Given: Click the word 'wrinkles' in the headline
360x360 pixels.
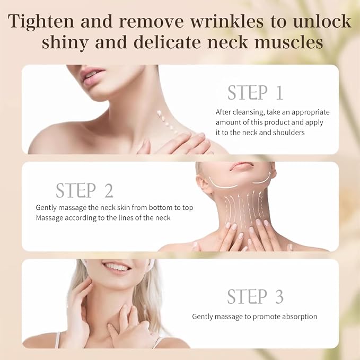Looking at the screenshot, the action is click(x=227, y=21).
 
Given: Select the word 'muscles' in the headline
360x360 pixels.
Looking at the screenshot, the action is click(x=288, y=43).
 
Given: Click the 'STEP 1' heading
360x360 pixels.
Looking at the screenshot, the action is click(x=256, y=93).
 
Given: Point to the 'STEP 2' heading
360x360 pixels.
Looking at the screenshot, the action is click(x=84, y=190).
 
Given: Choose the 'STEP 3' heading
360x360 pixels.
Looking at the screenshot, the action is click(x=256, y=296).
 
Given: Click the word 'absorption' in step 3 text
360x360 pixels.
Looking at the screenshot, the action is click(x=300, y=317).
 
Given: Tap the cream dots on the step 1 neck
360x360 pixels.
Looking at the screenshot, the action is click(x=167, y=122).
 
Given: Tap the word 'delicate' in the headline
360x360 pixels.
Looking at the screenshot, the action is click(x=167, y=42).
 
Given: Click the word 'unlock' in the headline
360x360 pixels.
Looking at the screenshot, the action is click(x=322, y=21).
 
